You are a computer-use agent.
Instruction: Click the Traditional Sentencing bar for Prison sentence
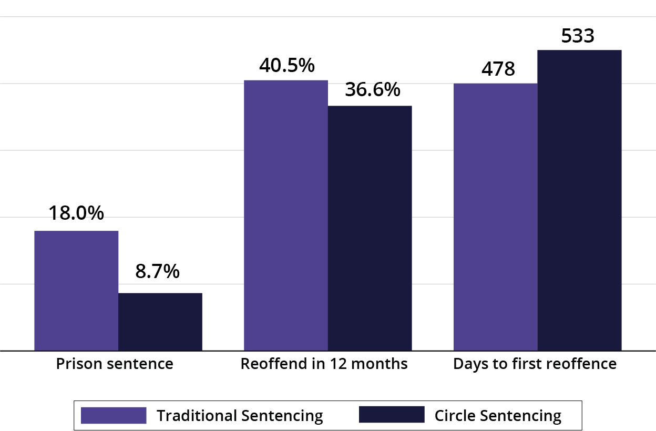pos(76,290)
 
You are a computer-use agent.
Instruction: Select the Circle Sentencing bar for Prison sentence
pos(160,321)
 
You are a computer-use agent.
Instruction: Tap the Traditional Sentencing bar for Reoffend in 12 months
pos(286,215)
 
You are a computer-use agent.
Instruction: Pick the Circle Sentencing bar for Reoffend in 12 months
pos(370,228)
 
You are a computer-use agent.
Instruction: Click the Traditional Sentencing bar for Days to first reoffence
pos(495,217)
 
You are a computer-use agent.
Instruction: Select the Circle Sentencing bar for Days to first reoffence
pos(579,200)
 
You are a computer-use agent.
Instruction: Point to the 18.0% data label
pos(76,213)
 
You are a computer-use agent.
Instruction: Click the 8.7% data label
pos(157,272)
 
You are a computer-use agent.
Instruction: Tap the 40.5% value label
pos(286,66)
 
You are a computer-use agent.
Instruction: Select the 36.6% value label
pos(373,90)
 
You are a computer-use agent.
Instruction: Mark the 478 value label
pos(498,69)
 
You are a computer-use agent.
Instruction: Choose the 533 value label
pos(578,36)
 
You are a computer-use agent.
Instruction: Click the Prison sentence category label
pos(115,364)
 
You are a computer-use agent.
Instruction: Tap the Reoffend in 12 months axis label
pos(324,364)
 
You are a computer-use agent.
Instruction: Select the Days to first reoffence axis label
pos(535,364)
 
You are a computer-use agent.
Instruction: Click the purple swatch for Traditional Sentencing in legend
pos(114,415)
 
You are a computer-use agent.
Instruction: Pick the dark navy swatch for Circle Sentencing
pos(391,415)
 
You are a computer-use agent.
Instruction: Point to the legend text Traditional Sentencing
pos(240,416)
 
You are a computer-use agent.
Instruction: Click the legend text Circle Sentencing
pos(498,416)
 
